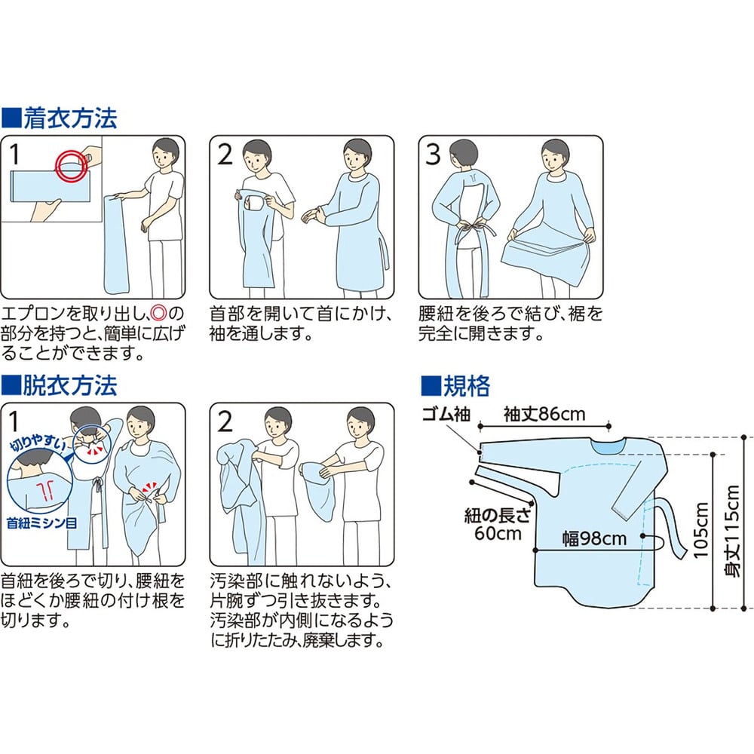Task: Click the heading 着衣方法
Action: (70, 118)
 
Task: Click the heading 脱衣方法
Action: (70, 385)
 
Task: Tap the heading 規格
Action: (466, 385)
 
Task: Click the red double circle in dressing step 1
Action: (71, 165)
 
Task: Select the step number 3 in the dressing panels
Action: (434, 155)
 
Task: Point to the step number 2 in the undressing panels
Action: (225, 421)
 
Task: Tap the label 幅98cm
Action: (595, 538)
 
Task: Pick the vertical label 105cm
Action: (701, 530)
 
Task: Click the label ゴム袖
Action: (446, 413)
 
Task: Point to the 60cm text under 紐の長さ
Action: (498, 533)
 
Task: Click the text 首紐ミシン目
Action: (41, 523)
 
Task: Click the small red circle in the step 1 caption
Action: (158, 314)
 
